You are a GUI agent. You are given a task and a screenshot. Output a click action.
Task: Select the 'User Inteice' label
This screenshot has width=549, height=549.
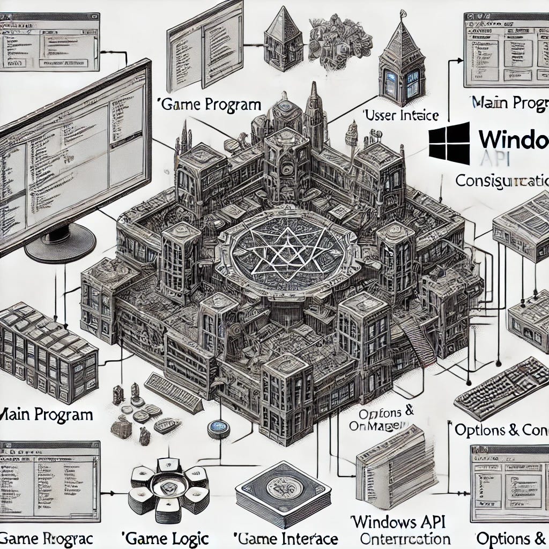click(x=401, y=115)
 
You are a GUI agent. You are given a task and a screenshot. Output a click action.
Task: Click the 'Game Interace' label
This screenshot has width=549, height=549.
click(x=286, y=538)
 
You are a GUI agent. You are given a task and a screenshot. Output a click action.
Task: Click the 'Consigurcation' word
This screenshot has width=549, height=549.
click(x=502, y=180)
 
